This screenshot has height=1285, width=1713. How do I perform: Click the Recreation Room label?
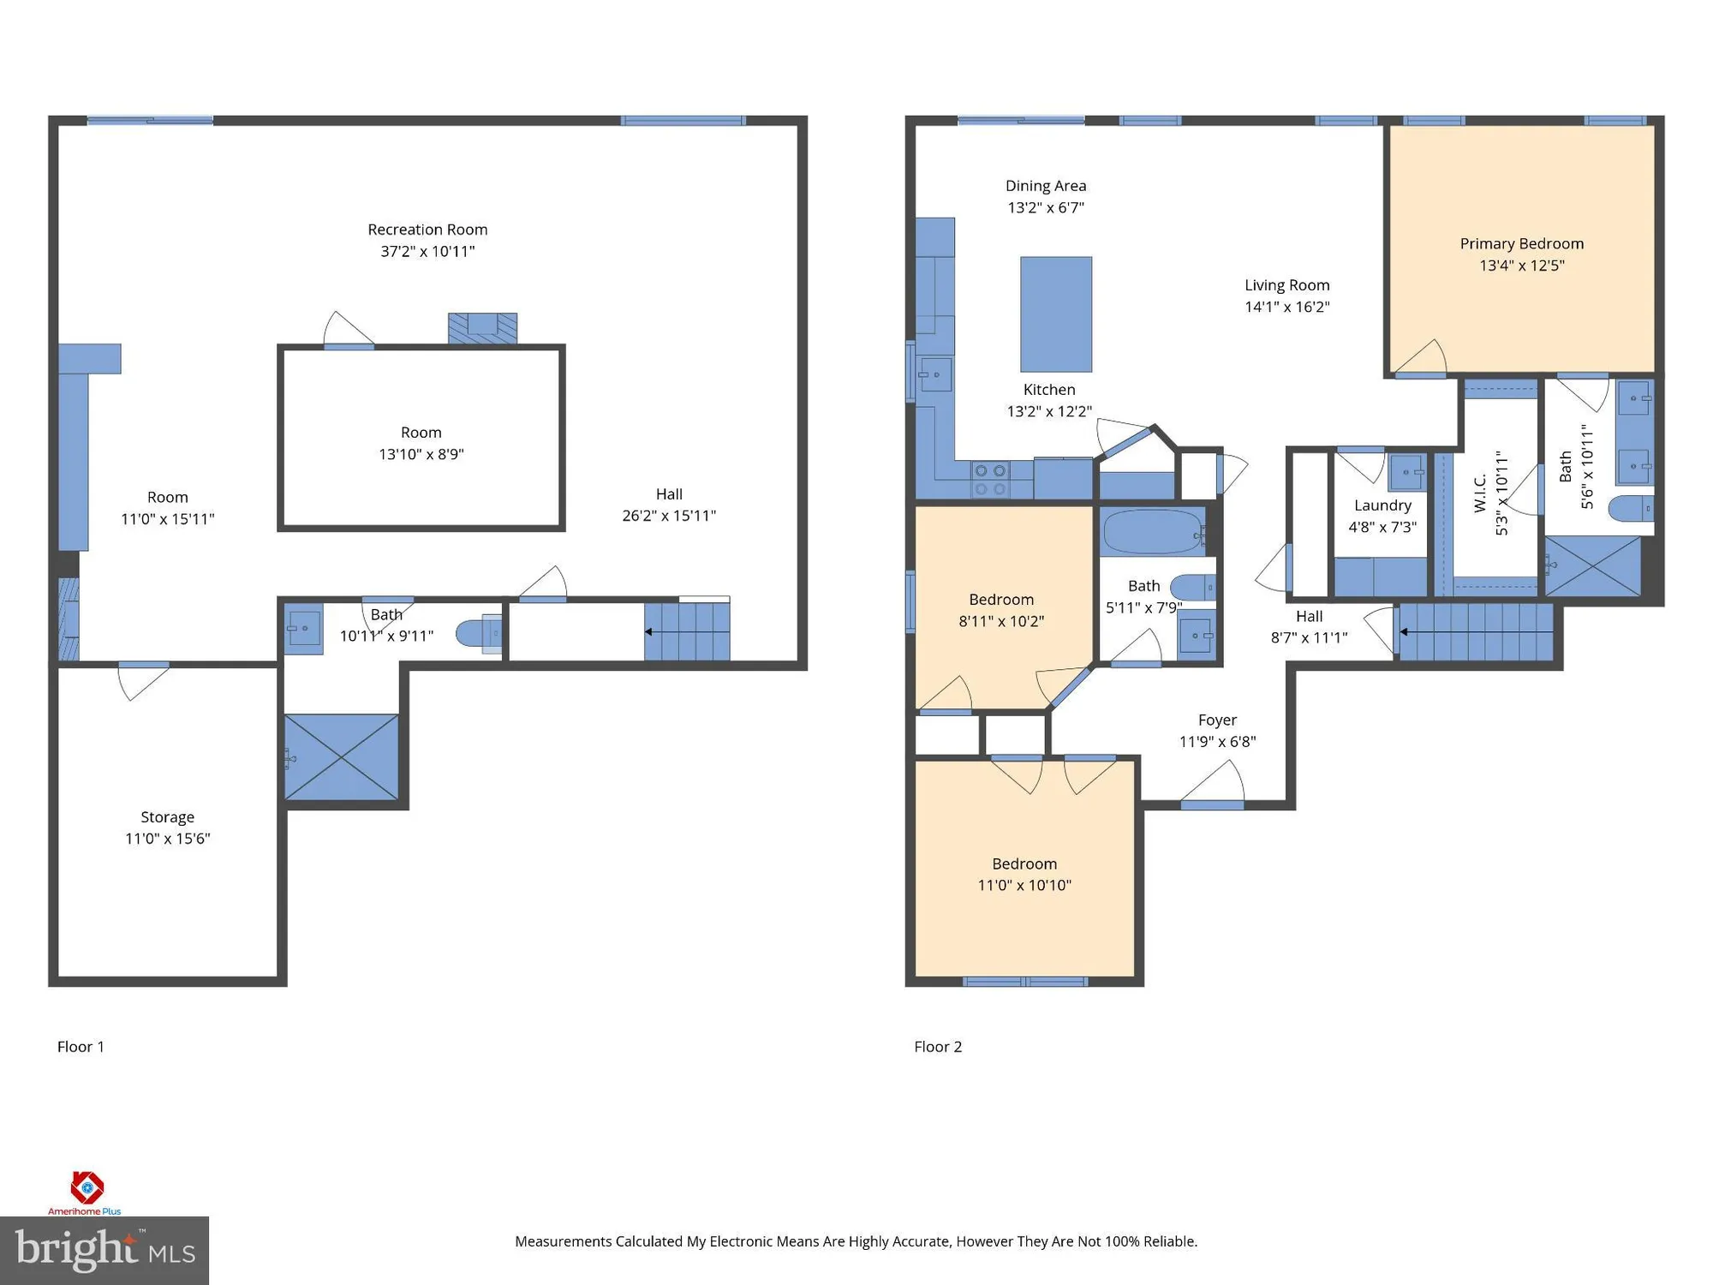427,230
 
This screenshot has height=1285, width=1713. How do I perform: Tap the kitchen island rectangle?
1055,314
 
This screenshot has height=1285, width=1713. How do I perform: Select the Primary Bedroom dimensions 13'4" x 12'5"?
1521,266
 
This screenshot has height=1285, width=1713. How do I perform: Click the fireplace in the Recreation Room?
482,328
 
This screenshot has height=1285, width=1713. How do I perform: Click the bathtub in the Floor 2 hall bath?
1152,532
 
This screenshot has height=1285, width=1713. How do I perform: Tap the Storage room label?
167,816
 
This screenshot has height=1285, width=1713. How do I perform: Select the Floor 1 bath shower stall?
341,757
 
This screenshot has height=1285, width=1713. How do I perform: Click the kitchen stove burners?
990,481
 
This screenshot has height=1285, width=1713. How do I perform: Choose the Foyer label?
1217,720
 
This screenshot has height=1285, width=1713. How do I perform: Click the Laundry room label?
1382,505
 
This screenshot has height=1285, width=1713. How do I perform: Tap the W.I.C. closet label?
1480,493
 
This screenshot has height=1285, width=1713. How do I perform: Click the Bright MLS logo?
104,1250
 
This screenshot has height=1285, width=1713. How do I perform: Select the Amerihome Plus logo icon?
87,1187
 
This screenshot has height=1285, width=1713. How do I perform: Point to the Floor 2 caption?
937,1047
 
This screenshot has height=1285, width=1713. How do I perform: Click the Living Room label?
1286,285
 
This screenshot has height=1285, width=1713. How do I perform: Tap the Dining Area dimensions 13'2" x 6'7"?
1045,207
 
